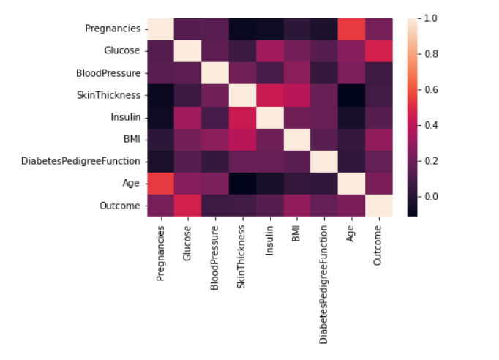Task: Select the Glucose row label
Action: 121,51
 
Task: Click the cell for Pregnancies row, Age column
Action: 350,29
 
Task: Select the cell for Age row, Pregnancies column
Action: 161,183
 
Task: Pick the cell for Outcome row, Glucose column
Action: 188,206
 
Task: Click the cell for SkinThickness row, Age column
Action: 350,95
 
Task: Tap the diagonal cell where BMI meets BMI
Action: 296,139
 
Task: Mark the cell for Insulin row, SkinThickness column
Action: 242,117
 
